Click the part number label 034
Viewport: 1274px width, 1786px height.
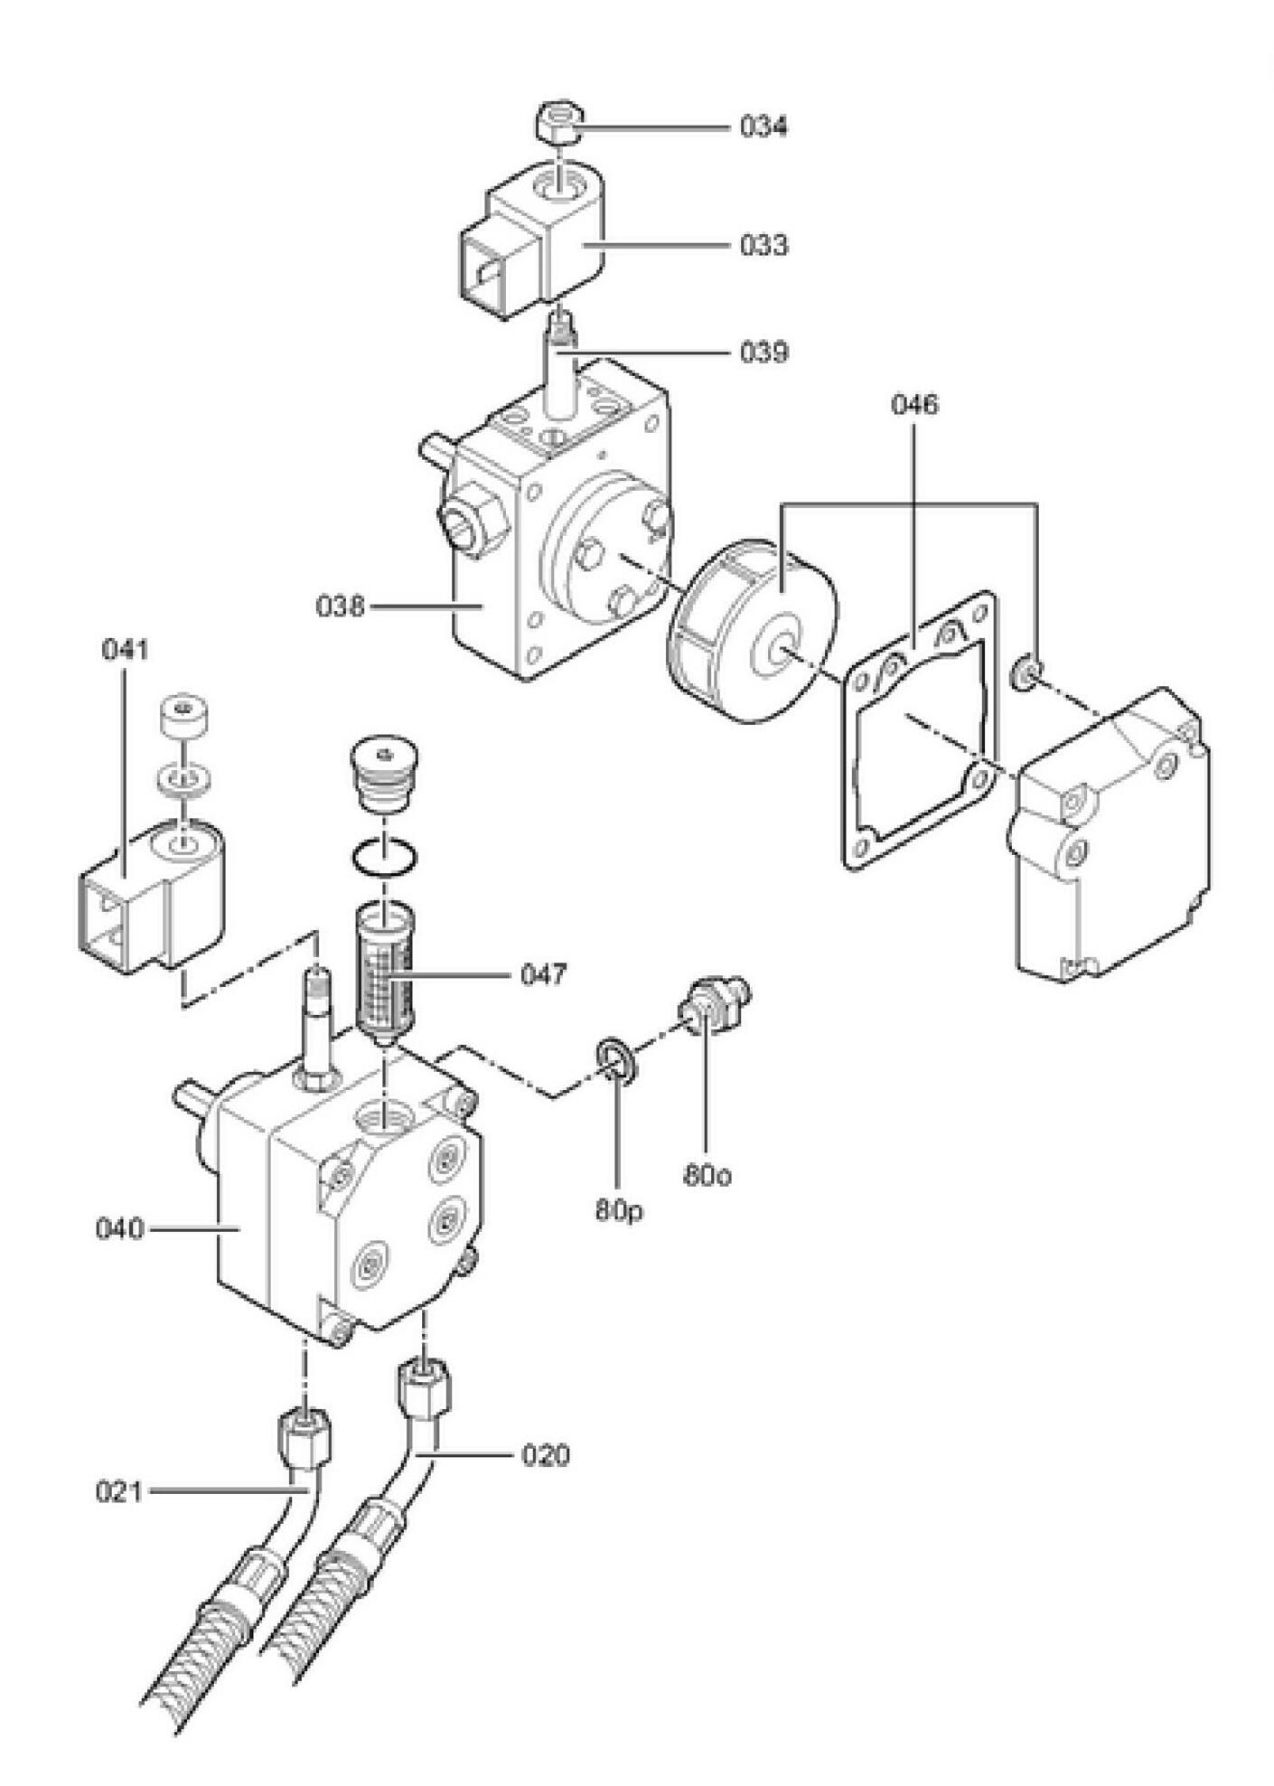point(763,127)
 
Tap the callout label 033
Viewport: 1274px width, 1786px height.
point(763,245)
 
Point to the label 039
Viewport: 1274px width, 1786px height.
point(763,352)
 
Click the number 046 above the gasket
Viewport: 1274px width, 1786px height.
point(914,404)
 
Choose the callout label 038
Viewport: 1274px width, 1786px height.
point(341,606)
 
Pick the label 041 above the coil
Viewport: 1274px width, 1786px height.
point(125,650)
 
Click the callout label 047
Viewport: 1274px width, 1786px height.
point(543,974)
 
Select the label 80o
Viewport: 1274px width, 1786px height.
point(707,1176)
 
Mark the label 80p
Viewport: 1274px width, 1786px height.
point(619,1210)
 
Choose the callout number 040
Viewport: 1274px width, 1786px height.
point(119,1229)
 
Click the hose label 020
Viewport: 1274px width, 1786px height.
point(545,1455)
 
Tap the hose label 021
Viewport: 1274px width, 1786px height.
point(119,1491)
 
